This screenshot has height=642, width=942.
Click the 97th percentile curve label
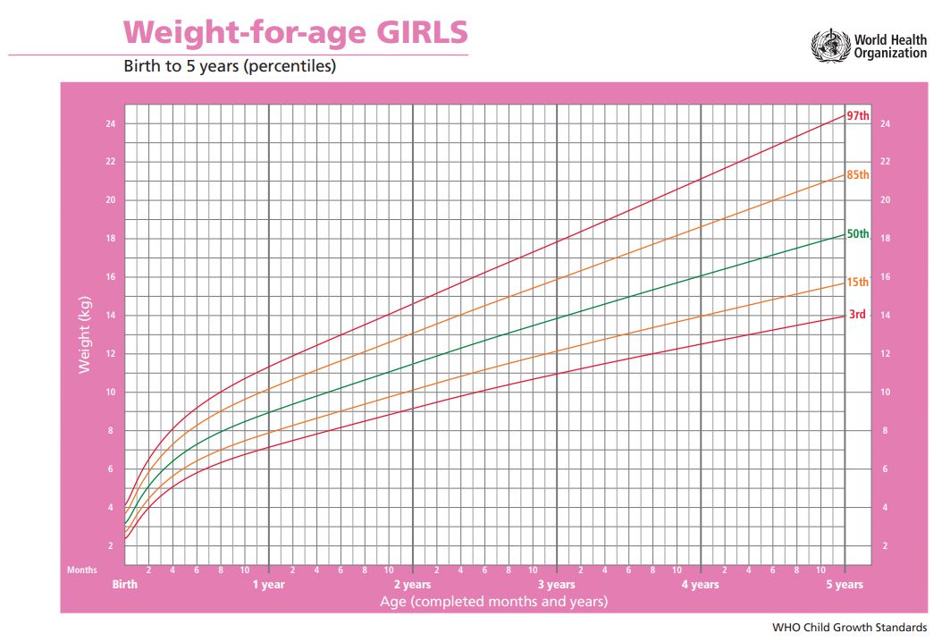(x=858, y=116)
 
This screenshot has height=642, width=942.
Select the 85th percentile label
(x=858, y=175)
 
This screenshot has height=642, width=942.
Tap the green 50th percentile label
(x=858, y=234)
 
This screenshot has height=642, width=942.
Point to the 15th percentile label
(x=858, y=283)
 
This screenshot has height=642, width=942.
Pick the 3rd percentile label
(x=857, y=314)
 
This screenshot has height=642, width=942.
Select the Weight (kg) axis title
(x=85, y=337)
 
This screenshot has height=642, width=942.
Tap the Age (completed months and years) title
(x=493, y=601)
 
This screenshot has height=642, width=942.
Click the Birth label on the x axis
(x=125, y=585)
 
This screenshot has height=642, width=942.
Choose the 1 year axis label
(x=268, y=585)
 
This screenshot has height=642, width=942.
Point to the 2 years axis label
(x=413, y=585)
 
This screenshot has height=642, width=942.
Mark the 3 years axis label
(x=557, y=585)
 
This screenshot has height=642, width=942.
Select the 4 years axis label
(x=700, y=585)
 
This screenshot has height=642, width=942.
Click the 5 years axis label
(x=844, y=585)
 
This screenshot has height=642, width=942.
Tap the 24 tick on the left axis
(x=110, y=123)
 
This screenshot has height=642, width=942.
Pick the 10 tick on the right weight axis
(x=885, y=392)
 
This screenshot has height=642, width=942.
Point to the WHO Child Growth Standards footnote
(x=849, y=628)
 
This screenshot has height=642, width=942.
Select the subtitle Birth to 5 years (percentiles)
(x=229, y=67)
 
